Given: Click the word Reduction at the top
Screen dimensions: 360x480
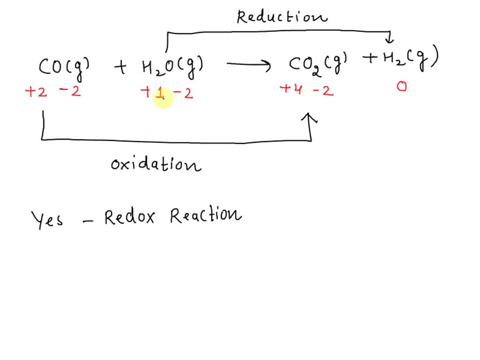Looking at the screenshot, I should click(282, 17).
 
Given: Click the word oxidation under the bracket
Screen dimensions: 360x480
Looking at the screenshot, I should click(156, 165).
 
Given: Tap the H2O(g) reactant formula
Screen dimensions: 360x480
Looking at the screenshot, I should click(172, 67).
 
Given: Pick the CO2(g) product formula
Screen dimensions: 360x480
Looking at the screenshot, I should click(318, 63).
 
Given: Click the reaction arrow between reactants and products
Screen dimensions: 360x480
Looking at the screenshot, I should click(248, 65).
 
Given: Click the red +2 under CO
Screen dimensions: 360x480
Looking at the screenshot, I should click(36, 92).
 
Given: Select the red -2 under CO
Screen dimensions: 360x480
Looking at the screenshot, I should click(70, 91).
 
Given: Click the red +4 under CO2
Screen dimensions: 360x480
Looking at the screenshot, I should click(291, 89).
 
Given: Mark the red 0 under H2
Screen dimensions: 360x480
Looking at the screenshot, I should click(402, 87).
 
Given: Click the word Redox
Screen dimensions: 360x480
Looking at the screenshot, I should click(129, 217).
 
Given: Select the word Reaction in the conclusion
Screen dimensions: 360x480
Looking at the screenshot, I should click(206, 216).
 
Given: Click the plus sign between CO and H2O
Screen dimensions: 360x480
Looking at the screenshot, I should click(120, 68).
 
